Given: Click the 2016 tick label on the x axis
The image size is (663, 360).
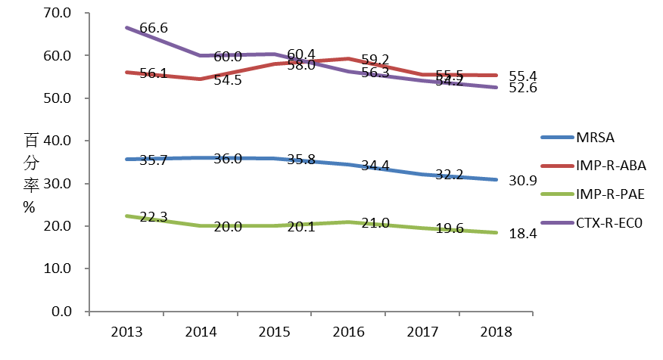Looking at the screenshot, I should [x=349, y=332].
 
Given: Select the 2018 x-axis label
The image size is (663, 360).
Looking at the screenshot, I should [x=497, y=332].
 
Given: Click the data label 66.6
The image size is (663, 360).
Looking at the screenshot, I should [x=154, y=29].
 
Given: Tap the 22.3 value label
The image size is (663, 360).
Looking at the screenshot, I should [x=154, y=217].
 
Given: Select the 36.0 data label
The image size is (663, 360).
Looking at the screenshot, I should [x=228, y=159].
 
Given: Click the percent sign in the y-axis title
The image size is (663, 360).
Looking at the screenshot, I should [x=30, y=207].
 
